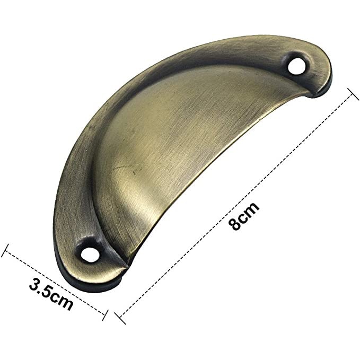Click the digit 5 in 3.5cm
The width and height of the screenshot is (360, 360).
click(50, 293)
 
